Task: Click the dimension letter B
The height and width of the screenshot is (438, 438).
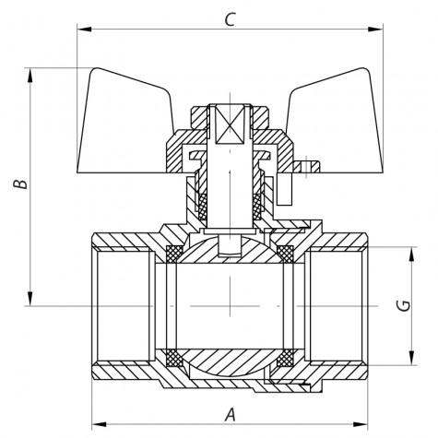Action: coord(23,184)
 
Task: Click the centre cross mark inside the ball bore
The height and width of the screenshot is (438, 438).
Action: coord(227,305)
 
